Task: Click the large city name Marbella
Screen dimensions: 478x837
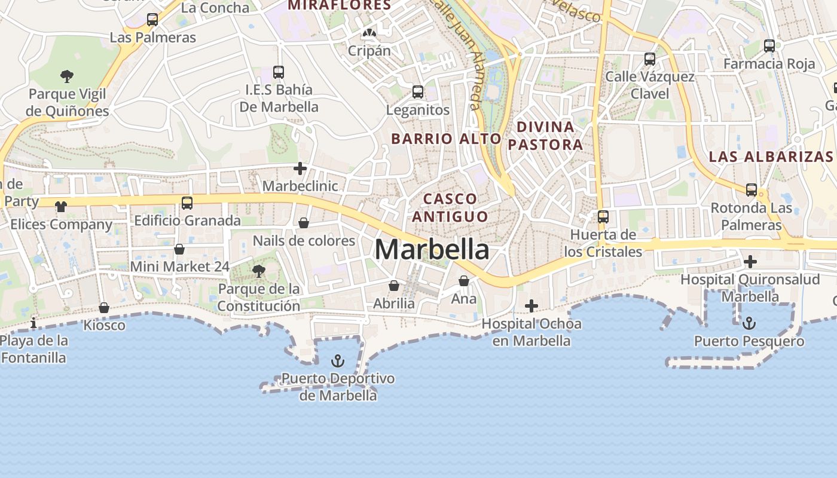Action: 432,249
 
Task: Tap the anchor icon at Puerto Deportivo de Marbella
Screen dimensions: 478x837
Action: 338,361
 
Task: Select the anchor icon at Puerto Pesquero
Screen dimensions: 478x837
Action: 749,323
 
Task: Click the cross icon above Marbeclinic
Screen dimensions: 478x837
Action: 300,168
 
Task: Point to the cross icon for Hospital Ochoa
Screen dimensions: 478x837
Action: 531,306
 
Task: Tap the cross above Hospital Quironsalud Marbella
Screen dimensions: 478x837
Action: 750,261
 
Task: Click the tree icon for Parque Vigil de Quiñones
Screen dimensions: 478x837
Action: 67,76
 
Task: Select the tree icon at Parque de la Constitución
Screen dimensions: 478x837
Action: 258,271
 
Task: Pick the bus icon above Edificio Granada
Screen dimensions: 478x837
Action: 187,203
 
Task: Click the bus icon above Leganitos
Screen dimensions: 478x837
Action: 418,92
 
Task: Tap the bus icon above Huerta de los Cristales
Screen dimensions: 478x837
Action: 603,216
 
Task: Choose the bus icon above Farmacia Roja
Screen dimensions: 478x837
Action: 769,45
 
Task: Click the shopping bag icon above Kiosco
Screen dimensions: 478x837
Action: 104,308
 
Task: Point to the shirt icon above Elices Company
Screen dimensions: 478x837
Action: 61,207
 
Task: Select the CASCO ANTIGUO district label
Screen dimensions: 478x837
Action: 450,207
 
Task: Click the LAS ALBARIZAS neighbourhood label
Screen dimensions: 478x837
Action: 771,157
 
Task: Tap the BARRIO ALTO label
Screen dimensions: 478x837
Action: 446,139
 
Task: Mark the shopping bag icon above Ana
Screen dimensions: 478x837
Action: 464,280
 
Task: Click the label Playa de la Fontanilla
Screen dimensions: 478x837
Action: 33,350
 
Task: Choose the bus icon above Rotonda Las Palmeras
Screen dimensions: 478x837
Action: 752,190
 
